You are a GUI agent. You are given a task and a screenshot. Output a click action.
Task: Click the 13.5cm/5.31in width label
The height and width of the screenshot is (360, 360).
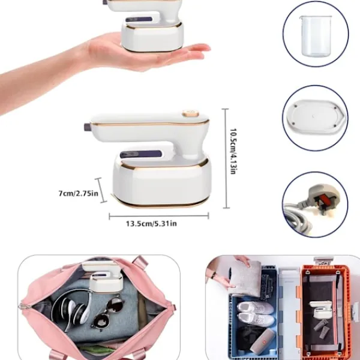pos(151,223)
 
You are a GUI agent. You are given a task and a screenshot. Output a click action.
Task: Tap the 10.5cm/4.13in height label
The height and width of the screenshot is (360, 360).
pos(233,151)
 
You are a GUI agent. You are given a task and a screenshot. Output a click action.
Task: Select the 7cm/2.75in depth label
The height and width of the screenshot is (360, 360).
pos(78,193)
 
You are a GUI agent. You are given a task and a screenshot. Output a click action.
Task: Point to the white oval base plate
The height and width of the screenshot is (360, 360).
pos(316,118)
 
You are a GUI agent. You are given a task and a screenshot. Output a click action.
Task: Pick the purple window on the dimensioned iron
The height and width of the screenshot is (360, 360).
pos(140,154)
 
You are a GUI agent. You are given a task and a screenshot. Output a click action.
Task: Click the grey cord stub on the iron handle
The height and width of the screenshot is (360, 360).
pos(88,127)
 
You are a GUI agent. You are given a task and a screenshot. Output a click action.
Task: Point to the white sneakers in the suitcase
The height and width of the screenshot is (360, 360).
pos(256,313)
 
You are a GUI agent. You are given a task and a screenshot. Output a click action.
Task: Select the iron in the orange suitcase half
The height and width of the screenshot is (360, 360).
pos(320,310)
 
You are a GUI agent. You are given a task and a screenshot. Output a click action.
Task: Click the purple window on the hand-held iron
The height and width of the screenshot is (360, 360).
pos(139,20)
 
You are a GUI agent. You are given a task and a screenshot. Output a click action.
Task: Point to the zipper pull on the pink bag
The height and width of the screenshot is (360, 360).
pos(22,306)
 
